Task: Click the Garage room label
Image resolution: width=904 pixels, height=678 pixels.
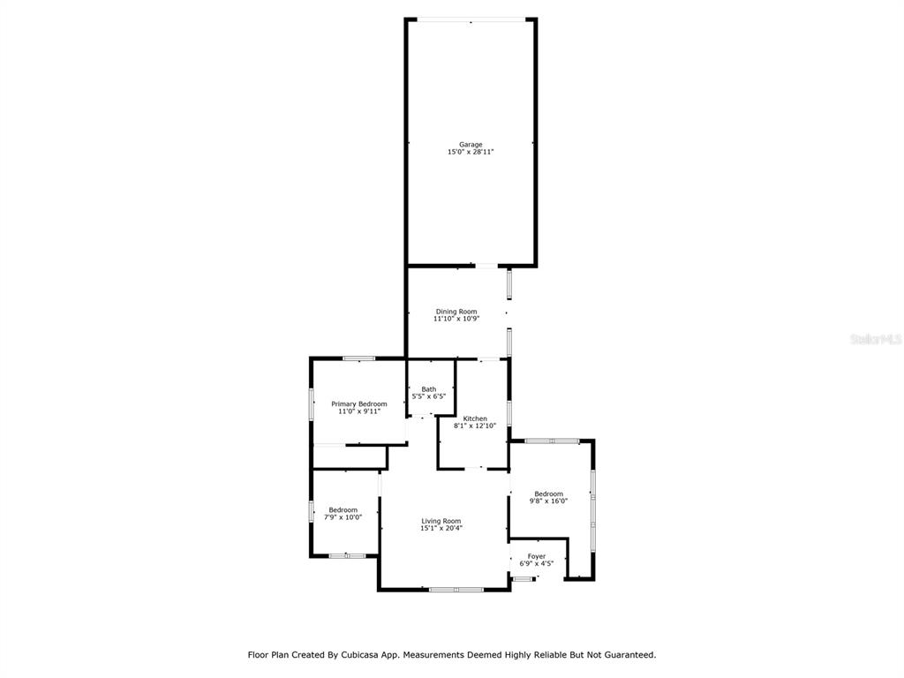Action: tap(471, 145)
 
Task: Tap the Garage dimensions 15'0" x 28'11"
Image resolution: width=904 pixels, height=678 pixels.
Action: tap(471, 152)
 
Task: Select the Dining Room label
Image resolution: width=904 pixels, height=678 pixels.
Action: tap(456, 312)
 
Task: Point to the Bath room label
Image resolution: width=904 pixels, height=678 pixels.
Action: tap(428, 389)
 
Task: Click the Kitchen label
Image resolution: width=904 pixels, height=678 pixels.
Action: tap(475, 418)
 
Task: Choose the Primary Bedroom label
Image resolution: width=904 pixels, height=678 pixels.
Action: tap(358, 404)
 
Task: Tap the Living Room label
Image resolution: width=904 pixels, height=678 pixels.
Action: tap(441, 521)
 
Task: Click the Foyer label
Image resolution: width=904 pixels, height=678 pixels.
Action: tap(536, 556)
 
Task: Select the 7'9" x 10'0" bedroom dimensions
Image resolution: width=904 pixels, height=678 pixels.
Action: tap(343, 517)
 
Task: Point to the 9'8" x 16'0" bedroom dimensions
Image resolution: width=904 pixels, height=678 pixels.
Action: tap(548, 501)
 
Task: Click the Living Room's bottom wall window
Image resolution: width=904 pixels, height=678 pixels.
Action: tap(456, 589)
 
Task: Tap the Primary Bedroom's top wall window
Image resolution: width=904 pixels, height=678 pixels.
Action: tap(358, 358)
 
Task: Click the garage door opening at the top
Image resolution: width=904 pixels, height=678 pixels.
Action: tap(471, 20)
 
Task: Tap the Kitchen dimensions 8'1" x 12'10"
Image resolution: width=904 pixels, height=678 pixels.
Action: tap(475, 426)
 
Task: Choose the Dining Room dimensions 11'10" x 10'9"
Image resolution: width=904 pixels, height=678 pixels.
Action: tap(456, 319)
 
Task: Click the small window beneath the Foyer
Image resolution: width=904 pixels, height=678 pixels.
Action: tap(523, 579)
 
